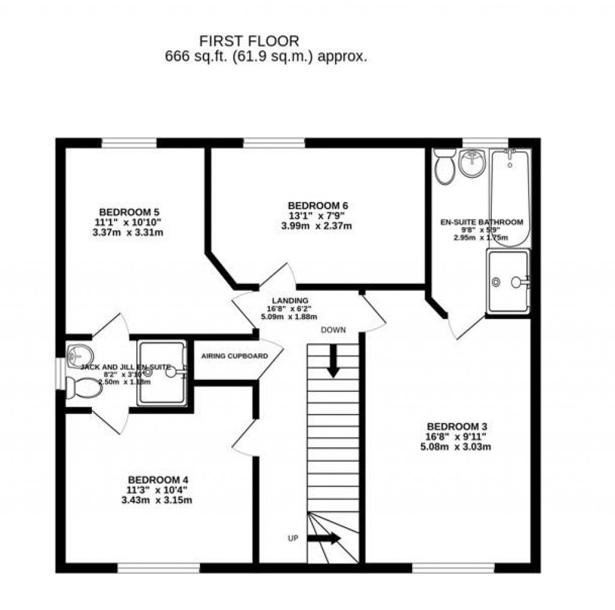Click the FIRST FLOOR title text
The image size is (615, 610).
click(250, 41)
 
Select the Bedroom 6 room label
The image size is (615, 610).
click(317, 206)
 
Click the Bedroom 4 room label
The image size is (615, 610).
click(158, 480)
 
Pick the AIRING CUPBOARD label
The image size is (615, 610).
click(234, 356)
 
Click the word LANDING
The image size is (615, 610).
click(289, 300)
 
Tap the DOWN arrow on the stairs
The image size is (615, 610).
click(333, 363)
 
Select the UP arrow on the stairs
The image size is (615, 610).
click(324, 538)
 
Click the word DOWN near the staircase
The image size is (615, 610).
click(333, 330)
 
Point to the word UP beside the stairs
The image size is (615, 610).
click(292, 538)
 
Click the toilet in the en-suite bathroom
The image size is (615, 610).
click(445, 166)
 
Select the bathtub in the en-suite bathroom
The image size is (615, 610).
click(510, 197)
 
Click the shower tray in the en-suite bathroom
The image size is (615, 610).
click(508, 281)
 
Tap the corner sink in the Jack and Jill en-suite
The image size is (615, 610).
click(76, 352)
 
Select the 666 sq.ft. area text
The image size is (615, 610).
click(265, 57)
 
